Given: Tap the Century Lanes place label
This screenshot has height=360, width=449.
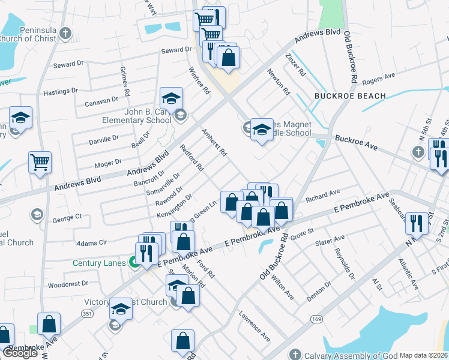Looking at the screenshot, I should (98, 263).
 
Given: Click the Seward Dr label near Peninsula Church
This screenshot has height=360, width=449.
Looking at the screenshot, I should (68, 64).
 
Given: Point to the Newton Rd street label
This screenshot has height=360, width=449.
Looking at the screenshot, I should (279, 83).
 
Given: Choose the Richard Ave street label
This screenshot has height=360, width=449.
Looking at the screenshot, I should (323, 195).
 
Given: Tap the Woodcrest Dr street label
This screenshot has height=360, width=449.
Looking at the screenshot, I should (68, 283).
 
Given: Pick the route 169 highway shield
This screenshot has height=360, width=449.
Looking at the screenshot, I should (315, 320).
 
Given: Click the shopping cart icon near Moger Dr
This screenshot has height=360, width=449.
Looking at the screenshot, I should (40, 161).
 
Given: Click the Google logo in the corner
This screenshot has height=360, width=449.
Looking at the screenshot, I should (20, 353).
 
